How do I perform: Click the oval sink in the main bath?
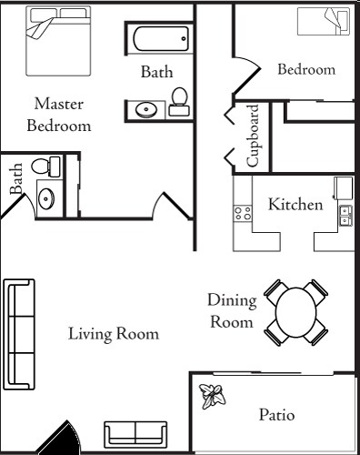[145, 110]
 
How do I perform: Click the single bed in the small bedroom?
[325, 20]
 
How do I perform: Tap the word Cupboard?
[255, 136]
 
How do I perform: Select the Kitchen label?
[295, 205]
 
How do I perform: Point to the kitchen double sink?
[345, 216]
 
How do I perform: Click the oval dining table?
[295, 311]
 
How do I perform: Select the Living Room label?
[113, 334]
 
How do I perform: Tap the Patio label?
[276, 415]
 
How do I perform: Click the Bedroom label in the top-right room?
[305, 69]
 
